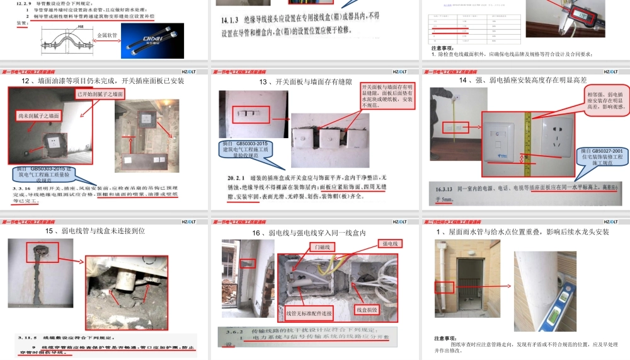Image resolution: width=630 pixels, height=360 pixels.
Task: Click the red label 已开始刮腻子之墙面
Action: click(x=100, y=94)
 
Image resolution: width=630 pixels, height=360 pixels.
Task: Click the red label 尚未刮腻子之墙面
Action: click(x=38, y=115)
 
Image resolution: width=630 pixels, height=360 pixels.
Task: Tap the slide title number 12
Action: click(x=26, y=81)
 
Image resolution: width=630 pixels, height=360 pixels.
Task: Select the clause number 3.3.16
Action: click(x=24, y=189)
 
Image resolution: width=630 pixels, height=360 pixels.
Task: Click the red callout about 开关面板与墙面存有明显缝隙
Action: click(x=387, y=96)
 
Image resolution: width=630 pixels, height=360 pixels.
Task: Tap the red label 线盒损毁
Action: click(x=367, y=310)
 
